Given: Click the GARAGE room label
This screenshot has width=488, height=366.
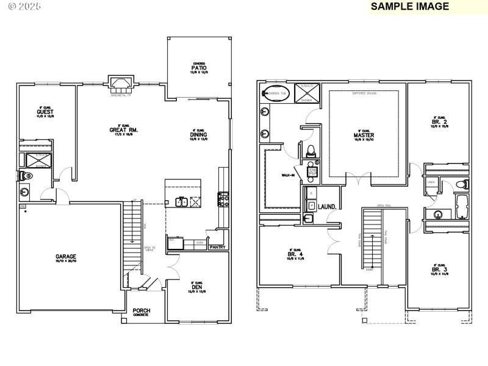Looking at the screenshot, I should click(x=66, y=257).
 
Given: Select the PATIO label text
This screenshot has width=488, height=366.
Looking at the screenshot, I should click(x=198, y=68).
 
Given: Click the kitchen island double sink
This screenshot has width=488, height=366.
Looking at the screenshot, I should click(x=181, y=201).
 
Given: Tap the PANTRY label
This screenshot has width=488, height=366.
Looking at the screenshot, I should click(x=217, y=247).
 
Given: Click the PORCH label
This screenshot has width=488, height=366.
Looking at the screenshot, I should click(x=142, y=310).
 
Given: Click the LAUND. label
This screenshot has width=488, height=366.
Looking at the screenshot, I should click(x=327, y=207).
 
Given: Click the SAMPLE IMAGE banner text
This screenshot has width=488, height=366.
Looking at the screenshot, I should click(x=410, y=7).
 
